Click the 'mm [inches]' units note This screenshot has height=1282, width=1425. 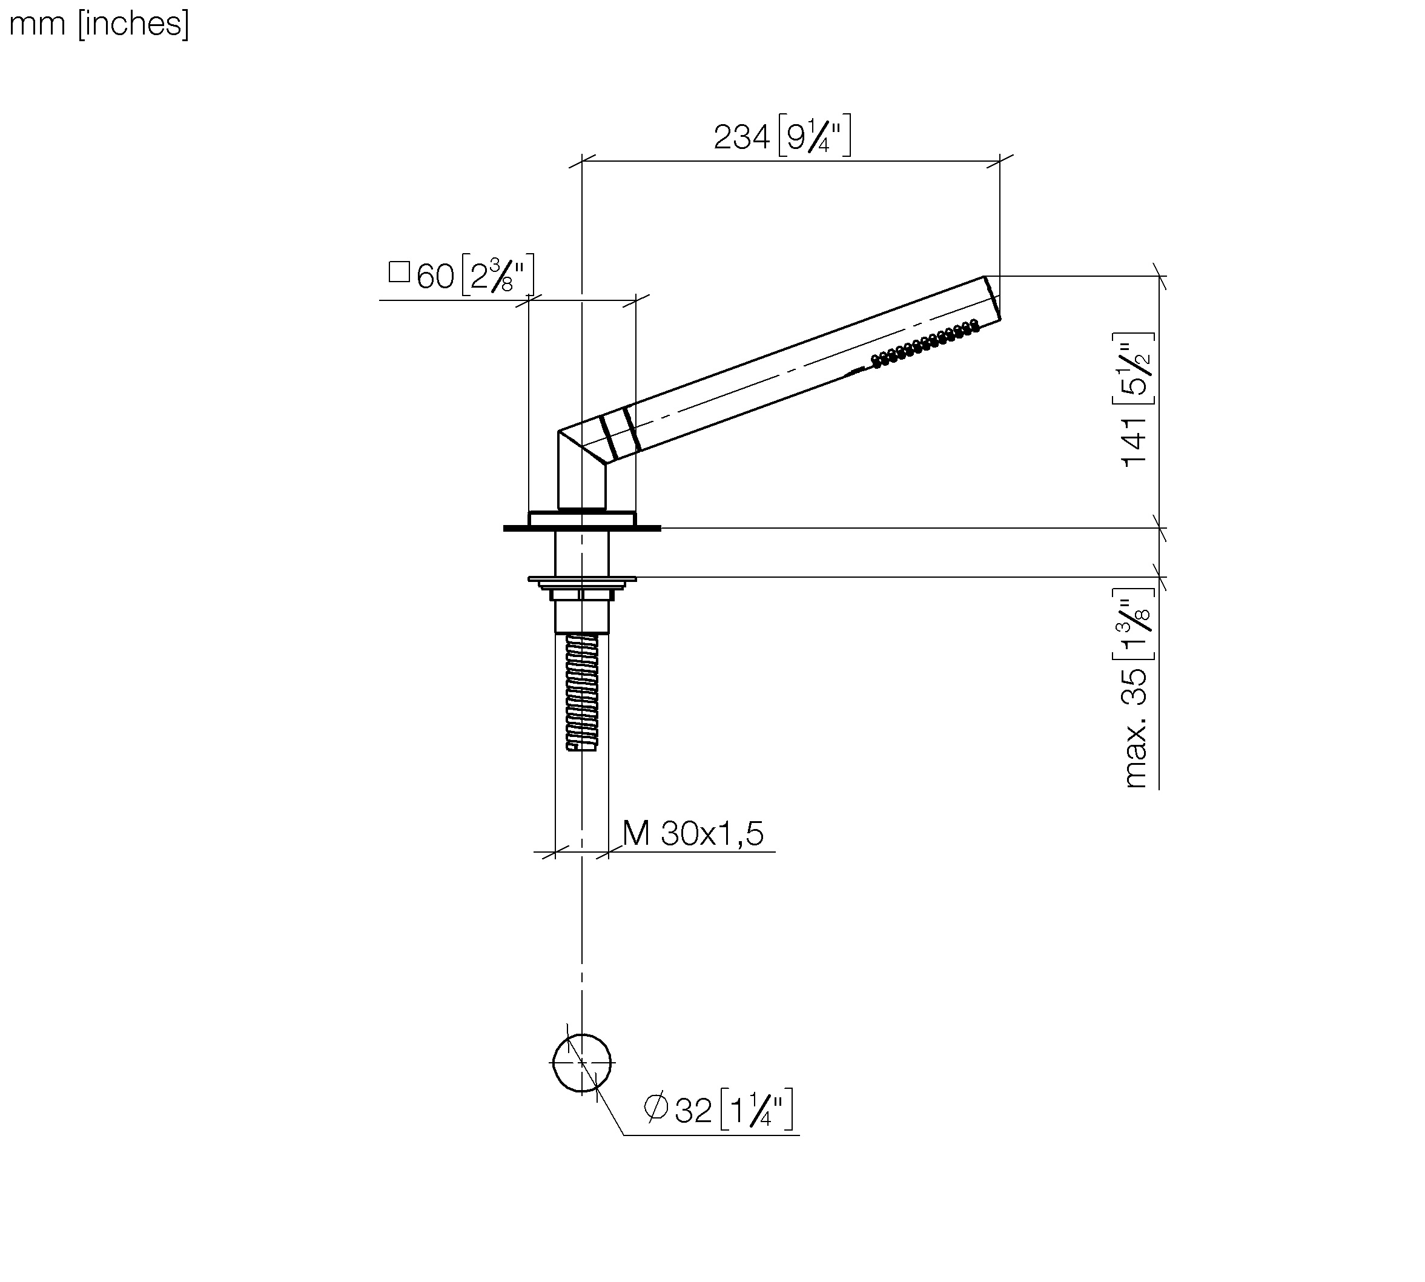click(x=99, y=24)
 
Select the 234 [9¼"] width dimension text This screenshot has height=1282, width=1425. click(x=782, y=136)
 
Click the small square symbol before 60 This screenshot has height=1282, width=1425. click(x=399, y=272)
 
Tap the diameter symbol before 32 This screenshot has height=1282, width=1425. click(x=656, y=1108)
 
